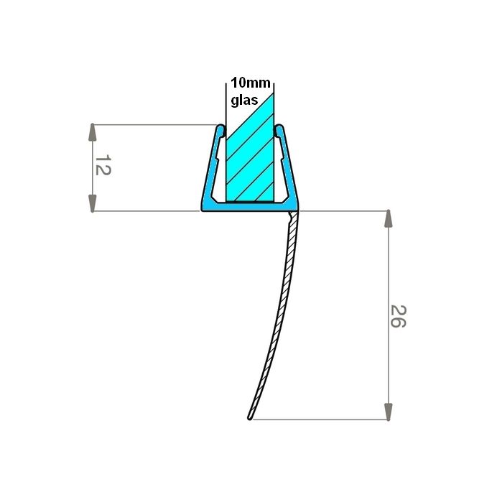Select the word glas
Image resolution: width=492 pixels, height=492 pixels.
(x=244, y=101)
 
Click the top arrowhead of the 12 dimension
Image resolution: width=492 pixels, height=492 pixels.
(x=93, y=133)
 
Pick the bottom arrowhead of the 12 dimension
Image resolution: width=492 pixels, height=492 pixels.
(x=93, y=203)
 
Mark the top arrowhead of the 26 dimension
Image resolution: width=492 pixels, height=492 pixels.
(x=389, y=219)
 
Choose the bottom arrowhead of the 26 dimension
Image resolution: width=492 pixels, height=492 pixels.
(x=389, y=412)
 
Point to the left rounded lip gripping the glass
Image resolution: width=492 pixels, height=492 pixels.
(x=221, y=131)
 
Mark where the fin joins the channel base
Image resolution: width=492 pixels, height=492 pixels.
(x=292, y=213)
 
